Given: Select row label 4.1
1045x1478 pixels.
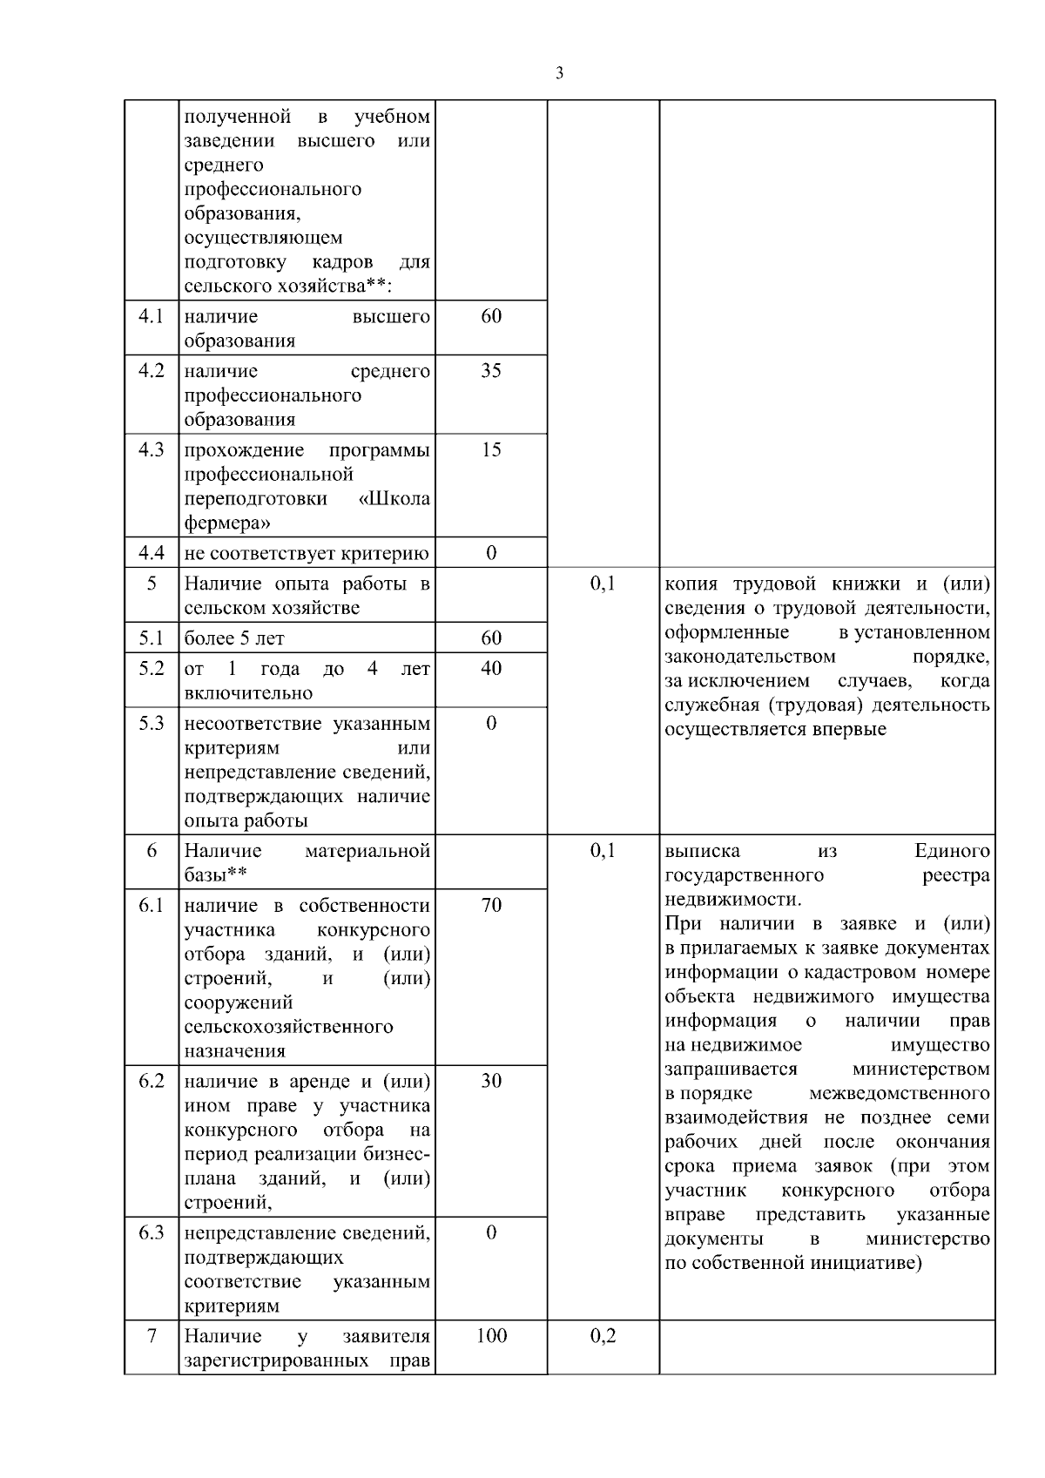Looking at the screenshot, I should (152, 316).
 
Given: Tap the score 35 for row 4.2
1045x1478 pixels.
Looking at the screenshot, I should (491, 371).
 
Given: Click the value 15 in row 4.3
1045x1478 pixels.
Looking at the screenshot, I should (491, 450).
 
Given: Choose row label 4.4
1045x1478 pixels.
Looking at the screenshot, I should (152, 553).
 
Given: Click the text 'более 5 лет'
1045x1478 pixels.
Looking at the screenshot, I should (234, 638).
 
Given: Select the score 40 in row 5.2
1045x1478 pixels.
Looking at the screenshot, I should (491, 669).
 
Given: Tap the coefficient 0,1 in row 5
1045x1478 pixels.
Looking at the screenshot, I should (603, 584).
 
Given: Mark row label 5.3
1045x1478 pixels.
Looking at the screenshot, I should (152, 724).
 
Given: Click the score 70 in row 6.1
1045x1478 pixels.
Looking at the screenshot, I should (491, 906).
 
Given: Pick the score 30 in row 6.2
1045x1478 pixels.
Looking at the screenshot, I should (491, 1082).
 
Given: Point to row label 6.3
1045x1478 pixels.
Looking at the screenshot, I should (152, 1233).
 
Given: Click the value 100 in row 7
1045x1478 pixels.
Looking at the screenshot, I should (491, 1336).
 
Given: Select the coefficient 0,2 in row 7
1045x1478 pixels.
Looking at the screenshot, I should (603, 1336).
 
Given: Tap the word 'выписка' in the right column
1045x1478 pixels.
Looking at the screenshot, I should (702, 851).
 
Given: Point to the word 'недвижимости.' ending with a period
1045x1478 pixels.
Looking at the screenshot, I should (732, 900).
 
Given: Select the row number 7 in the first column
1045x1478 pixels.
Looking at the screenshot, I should (152, 1336).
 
